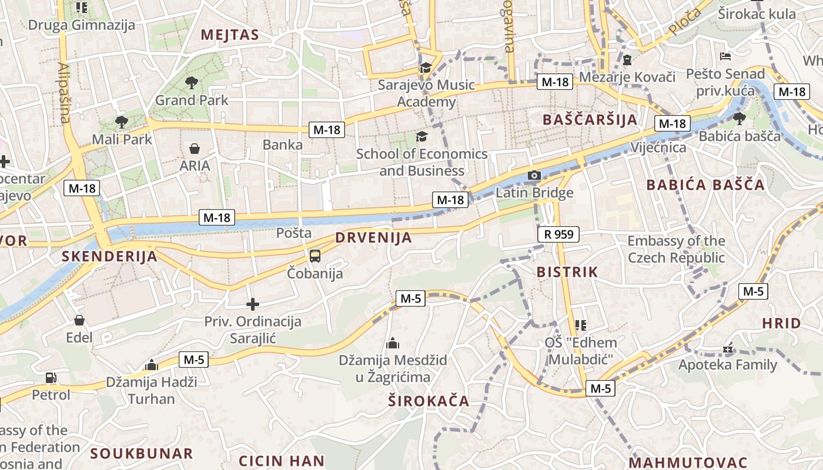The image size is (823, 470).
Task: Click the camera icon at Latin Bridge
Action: [534, 175]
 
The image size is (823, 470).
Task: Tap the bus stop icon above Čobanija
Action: [315, 256]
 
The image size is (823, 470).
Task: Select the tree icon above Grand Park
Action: [191, 83]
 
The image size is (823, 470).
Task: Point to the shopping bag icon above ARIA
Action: [195, 149]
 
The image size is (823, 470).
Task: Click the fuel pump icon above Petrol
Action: [51, 378]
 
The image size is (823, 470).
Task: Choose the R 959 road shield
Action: [558, 234]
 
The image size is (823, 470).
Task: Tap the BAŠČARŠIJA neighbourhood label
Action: [590, 120]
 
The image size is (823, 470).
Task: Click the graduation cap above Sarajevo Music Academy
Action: [426, 68]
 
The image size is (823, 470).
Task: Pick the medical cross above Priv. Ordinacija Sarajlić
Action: [253, 304]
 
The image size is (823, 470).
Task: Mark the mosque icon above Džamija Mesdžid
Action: [393, 343]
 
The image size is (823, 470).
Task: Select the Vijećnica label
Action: [658, 147]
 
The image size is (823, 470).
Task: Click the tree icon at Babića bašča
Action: [740, 119]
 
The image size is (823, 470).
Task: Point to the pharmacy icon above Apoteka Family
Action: [728, 348]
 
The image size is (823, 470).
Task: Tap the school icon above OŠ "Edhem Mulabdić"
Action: [581, 325]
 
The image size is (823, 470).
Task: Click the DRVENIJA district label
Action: [373, 238]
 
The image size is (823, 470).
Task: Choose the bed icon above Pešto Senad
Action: [725, 56]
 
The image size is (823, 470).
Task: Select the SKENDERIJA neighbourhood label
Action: [109, 256]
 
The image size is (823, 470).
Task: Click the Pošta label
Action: [294, 233]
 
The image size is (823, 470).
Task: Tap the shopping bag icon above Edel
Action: [79, 320]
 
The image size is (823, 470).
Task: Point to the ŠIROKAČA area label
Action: [429, 401]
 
